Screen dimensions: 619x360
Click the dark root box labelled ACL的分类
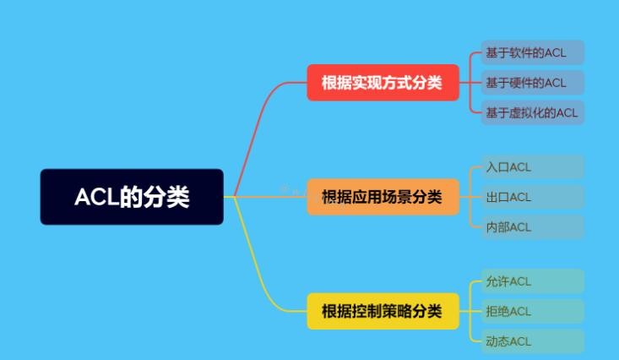click(132, 197)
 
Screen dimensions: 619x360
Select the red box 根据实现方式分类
click(383, 83)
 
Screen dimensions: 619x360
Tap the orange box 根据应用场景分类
click(383, 197)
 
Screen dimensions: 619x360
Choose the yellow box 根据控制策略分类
click(383, 311)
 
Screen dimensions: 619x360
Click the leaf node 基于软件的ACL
click(533, 52)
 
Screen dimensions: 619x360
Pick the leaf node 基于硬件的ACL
click(533, 83)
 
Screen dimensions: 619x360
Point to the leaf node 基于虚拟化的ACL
click(533, 113)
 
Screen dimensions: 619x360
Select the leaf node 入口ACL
click(533, 167)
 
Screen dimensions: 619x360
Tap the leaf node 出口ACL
click(533, 197)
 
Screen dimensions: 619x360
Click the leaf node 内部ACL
click(533, 227)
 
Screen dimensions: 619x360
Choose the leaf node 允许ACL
click(533, 281)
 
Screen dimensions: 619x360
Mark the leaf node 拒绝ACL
click(533, 311)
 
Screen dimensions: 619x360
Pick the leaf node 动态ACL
click(533, 341)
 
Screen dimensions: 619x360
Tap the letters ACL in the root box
click(97, 197)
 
